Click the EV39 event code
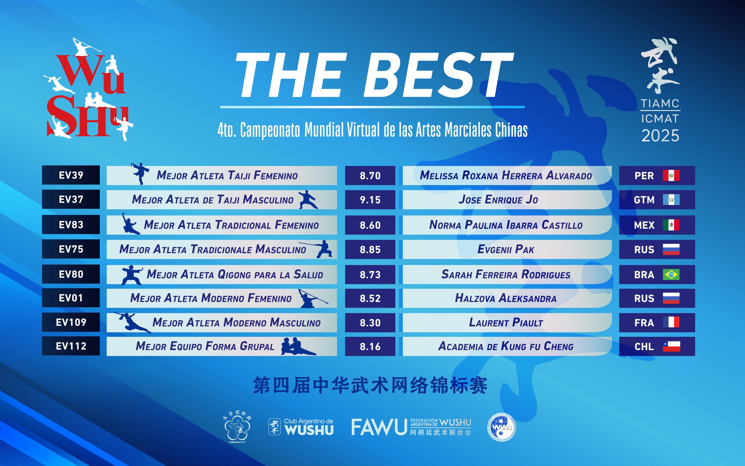[71, 175]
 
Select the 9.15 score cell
[370, 200]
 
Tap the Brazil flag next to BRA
[671, 274]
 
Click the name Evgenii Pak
[506, 249]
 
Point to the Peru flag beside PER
[671, 175]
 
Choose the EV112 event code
[71, 346]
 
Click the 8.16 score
[370, 346]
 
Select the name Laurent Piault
[506, 322]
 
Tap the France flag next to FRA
[671, 322]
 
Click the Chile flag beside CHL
[671, 346]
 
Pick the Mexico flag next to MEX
[671, 225]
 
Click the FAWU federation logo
[411, 427]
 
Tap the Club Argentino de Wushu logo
[301, 427]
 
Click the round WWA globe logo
[502, 427]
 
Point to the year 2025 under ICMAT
[660, 136]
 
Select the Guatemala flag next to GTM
[671, 200]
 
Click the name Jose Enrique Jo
[498, 199]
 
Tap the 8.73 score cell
[370, 274]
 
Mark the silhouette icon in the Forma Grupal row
[298, 346]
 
